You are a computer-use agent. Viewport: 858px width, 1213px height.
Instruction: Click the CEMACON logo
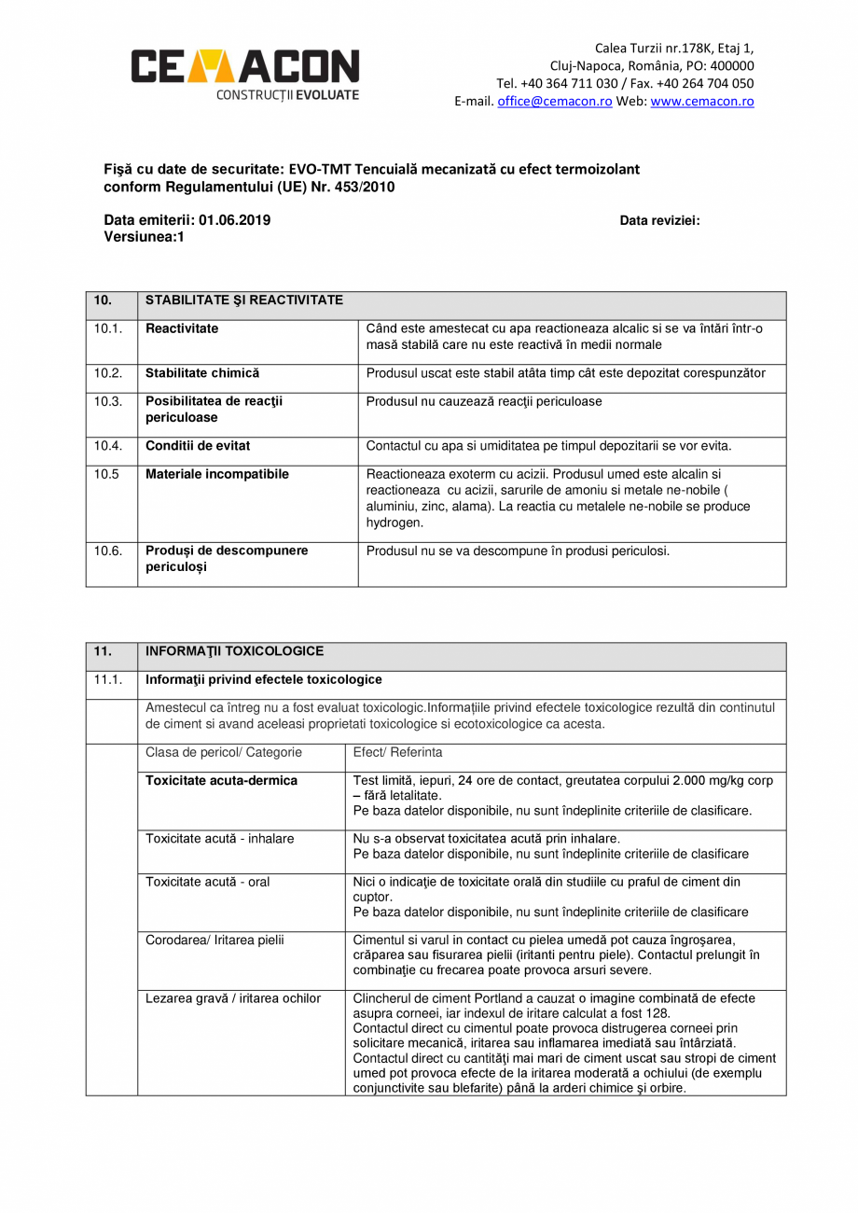244,72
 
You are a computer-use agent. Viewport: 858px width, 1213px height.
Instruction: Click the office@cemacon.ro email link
554,102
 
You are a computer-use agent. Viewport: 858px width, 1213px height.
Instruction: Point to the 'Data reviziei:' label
659,221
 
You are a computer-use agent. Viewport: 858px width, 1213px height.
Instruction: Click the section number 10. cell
103,300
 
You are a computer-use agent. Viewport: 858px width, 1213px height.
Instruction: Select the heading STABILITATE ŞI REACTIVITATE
244,300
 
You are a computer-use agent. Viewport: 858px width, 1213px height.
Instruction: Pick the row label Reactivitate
182,328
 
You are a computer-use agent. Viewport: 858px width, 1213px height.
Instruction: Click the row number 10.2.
108,373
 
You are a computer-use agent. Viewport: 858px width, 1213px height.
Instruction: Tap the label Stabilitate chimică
202,373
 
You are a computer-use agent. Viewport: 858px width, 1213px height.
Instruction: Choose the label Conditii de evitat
198,446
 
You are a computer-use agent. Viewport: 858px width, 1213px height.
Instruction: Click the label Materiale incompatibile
217,474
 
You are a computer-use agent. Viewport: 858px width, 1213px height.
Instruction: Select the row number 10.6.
108,551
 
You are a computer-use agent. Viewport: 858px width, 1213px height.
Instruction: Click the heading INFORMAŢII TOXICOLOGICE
235,651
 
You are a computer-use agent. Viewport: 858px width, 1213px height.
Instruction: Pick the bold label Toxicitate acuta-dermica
221,781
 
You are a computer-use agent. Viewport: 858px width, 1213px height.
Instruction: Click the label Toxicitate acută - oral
208,882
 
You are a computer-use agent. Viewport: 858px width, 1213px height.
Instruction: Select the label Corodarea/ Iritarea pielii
215,940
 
